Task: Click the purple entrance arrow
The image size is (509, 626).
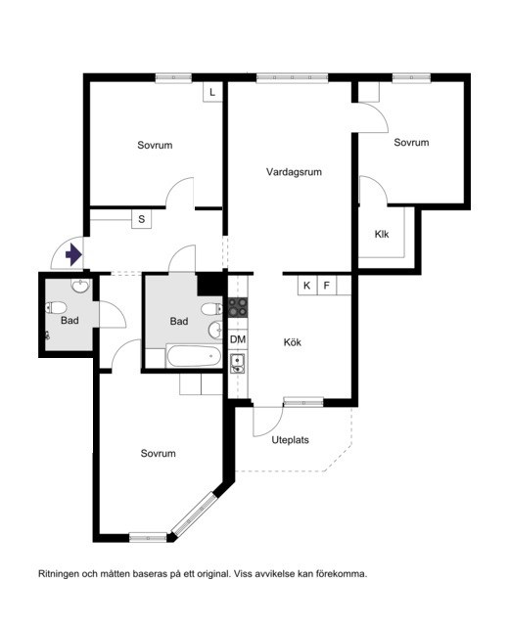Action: [x=74, y=254]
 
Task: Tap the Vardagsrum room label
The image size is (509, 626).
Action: [x=294, y=172]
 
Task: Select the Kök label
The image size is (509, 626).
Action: [x=293, y=342]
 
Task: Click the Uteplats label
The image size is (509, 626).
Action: [x=291, y=440]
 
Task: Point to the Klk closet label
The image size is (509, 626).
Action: [x=382, y=234]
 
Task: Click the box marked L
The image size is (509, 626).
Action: [x=212, y=92]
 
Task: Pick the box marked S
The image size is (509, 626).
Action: [x=141, y=219]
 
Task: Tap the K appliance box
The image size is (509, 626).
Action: [x=307, y=286]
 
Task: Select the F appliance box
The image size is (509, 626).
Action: [x=327, y=286]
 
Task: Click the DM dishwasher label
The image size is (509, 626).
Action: [x=238, y=339]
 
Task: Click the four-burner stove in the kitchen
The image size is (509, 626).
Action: [x=238, y=307]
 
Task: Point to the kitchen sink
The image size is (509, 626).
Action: [x=238, y=363]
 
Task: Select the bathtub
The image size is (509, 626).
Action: [x=194, y=356]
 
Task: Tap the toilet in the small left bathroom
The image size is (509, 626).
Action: [x=56, y=308]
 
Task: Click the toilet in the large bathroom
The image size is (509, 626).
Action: [x=211, y=309]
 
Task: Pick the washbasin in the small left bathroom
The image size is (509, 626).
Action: [x=81, y=286]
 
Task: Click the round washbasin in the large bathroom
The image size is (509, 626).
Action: [x=215, y=329]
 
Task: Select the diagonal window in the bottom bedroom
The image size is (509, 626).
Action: [x=196, y=514]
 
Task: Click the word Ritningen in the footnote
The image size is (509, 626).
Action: [x=59, y=574]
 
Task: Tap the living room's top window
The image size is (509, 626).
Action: [x=292, y=78]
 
